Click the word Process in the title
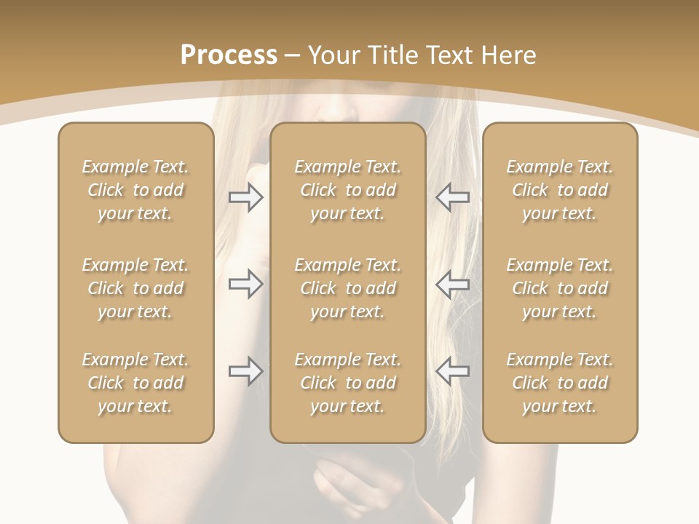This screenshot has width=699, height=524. [229, 55]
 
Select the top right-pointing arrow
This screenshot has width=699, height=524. [245, 197]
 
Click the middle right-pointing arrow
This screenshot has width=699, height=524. [245, 284]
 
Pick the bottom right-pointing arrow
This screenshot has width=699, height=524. [245, 371]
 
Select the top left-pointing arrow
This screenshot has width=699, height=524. [452, 197]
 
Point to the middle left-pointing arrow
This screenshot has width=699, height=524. [452, 284]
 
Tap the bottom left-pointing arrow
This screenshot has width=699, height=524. [452, 371]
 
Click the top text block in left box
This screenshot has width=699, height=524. [135, 190]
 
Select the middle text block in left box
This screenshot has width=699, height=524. [135, 288]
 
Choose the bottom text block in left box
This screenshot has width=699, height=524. [135, 383]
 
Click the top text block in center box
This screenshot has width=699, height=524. [347, 190]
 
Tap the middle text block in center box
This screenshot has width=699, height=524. [347, 288]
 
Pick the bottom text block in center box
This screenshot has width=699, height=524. [347, 383]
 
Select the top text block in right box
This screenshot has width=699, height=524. [559, 190]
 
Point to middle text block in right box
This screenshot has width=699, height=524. [559, 288]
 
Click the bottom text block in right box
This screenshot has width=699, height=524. [559, 383]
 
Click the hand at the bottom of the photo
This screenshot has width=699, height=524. [349, 484]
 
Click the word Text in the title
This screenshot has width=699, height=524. [449, 55]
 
